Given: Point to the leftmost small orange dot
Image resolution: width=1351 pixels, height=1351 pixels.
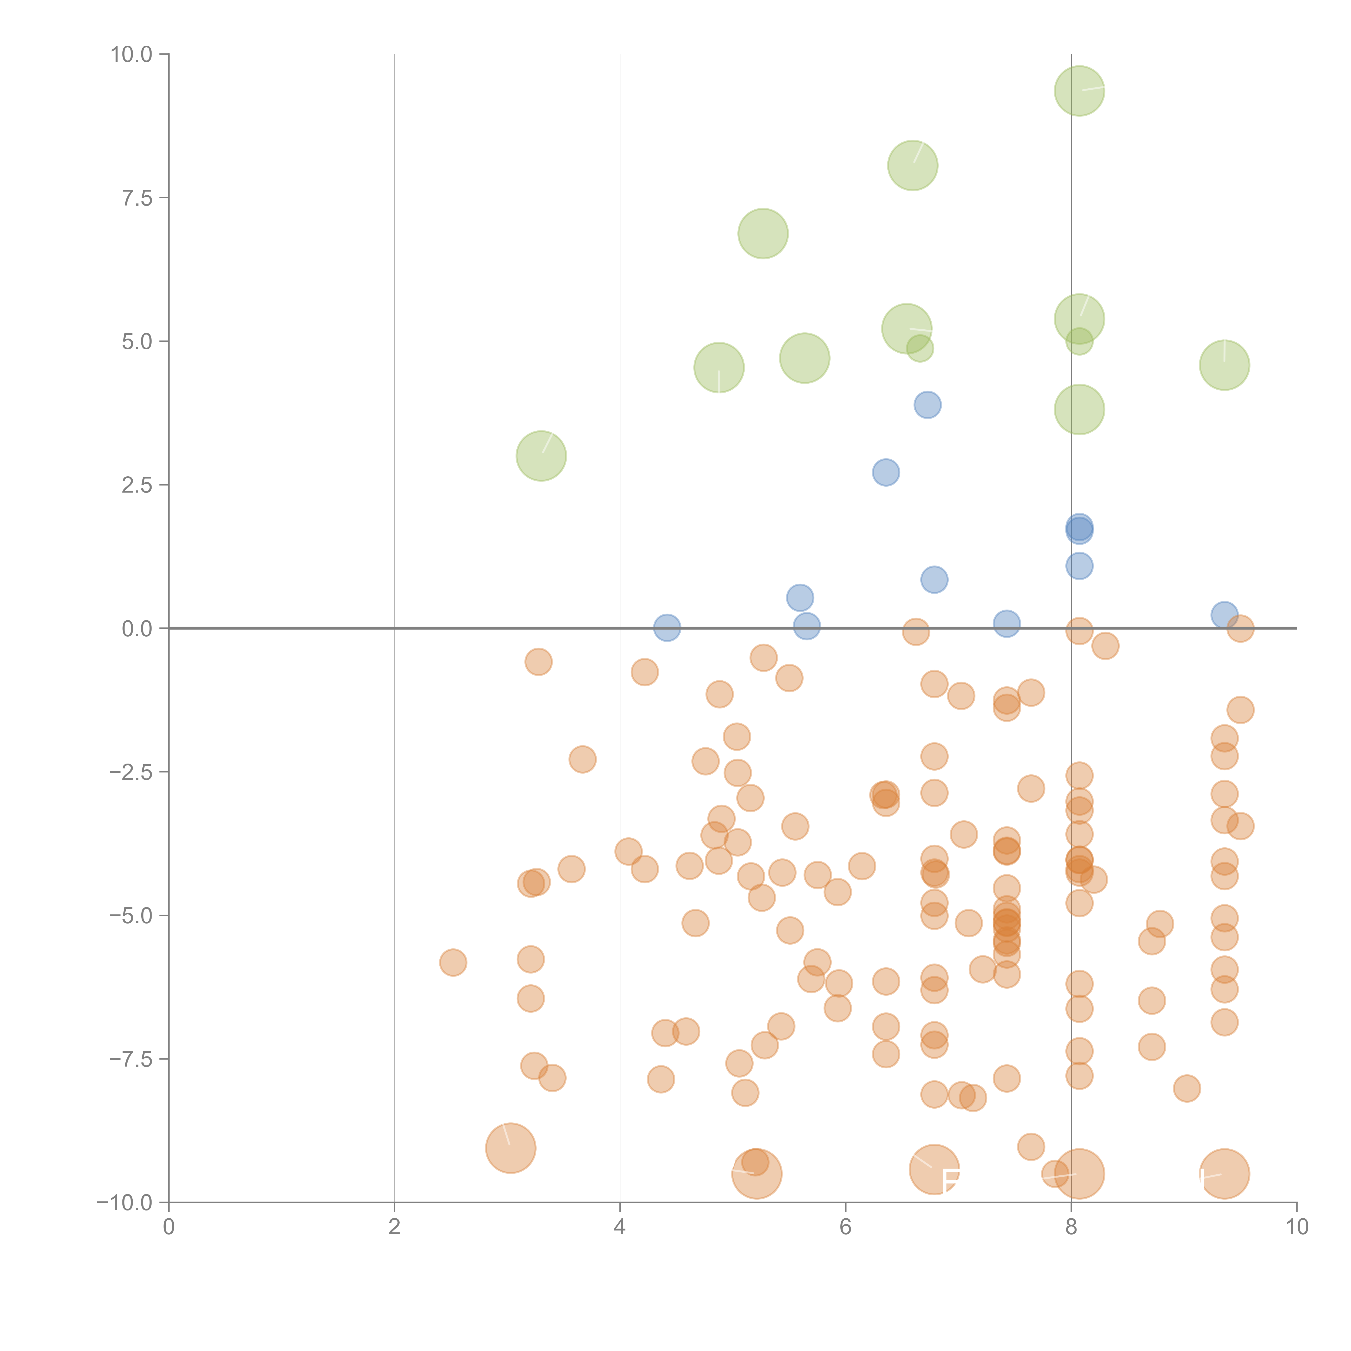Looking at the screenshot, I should coord(453,963).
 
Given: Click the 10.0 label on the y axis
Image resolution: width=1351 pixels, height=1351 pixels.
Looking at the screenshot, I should coord(132,55).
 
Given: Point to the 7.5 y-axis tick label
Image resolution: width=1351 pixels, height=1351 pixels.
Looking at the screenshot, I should coord(137,198).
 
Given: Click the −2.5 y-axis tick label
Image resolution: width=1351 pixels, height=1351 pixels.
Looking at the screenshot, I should coord(132,772).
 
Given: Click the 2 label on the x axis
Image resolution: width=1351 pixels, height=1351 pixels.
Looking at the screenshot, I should coord(394,1227).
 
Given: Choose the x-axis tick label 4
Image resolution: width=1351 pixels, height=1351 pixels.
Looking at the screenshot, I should coord(620,1227).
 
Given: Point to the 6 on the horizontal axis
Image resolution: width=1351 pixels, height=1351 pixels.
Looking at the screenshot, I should coord(845,1227).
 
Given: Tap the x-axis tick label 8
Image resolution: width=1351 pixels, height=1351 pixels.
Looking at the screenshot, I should coord(1071,1227).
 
